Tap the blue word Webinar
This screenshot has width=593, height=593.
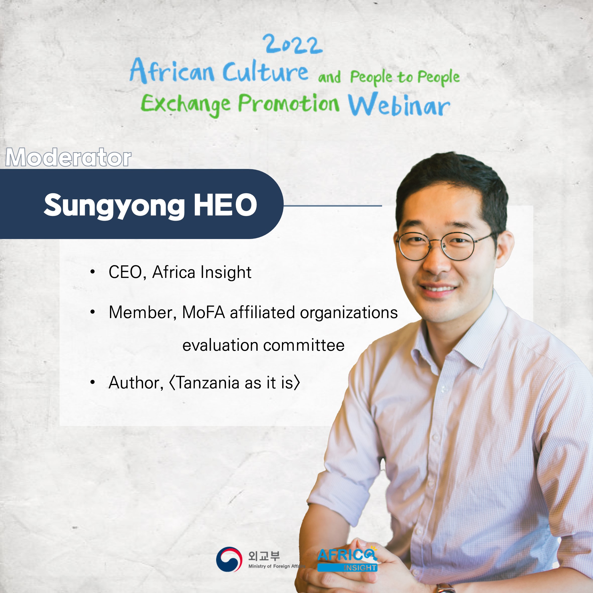click(399, 105)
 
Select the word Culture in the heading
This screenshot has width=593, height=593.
click(265, 71)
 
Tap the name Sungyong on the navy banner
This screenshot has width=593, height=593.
click(114, 206)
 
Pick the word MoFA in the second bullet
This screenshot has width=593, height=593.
click(204, 313)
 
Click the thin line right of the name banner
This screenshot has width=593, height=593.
click(333, 206)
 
